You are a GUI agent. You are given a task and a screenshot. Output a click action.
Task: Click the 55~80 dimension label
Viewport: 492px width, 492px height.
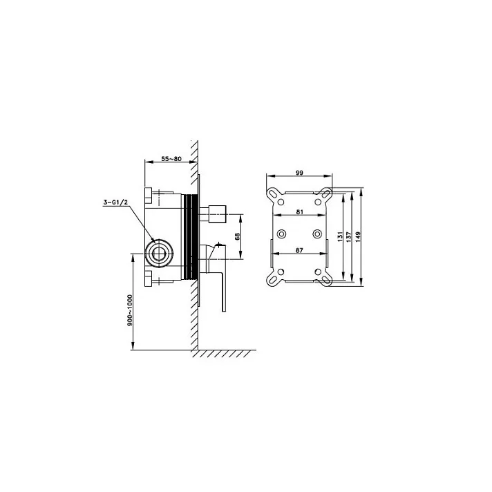click(x=171, y=158)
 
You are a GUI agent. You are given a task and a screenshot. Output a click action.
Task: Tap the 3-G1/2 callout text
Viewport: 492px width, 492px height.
click(x=116, y=202)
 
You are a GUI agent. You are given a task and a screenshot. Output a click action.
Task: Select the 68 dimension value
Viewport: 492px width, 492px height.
click(x=237, y=236)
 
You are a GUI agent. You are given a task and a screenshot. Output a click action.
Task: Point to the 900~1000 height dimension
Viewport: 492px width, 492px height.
click(x=130, y=310)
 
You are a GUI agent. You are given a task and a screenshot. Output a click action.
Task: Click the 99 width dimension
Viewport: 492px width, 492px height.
click(x=299, y=173)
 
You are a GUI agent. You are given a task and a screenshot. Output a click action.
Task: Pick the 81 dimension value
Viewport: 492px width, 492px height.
click(x=300, y=212)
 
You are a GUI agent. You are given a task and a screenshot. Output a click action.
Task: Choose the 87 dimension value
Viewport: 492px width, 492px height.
click(x=300, y=250)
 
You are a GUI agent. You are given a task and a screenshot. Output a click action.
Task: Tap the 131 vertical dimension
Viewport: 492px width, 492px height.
click(x=339, y=236)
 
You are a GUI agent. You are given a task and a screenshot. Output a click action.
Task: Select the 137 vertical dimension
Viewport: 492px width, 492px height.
click(x=348, y=236)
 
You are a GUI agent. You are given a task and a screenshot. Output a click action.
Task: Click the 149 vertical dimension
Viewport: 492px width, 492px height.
click(x=359, y=236)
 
